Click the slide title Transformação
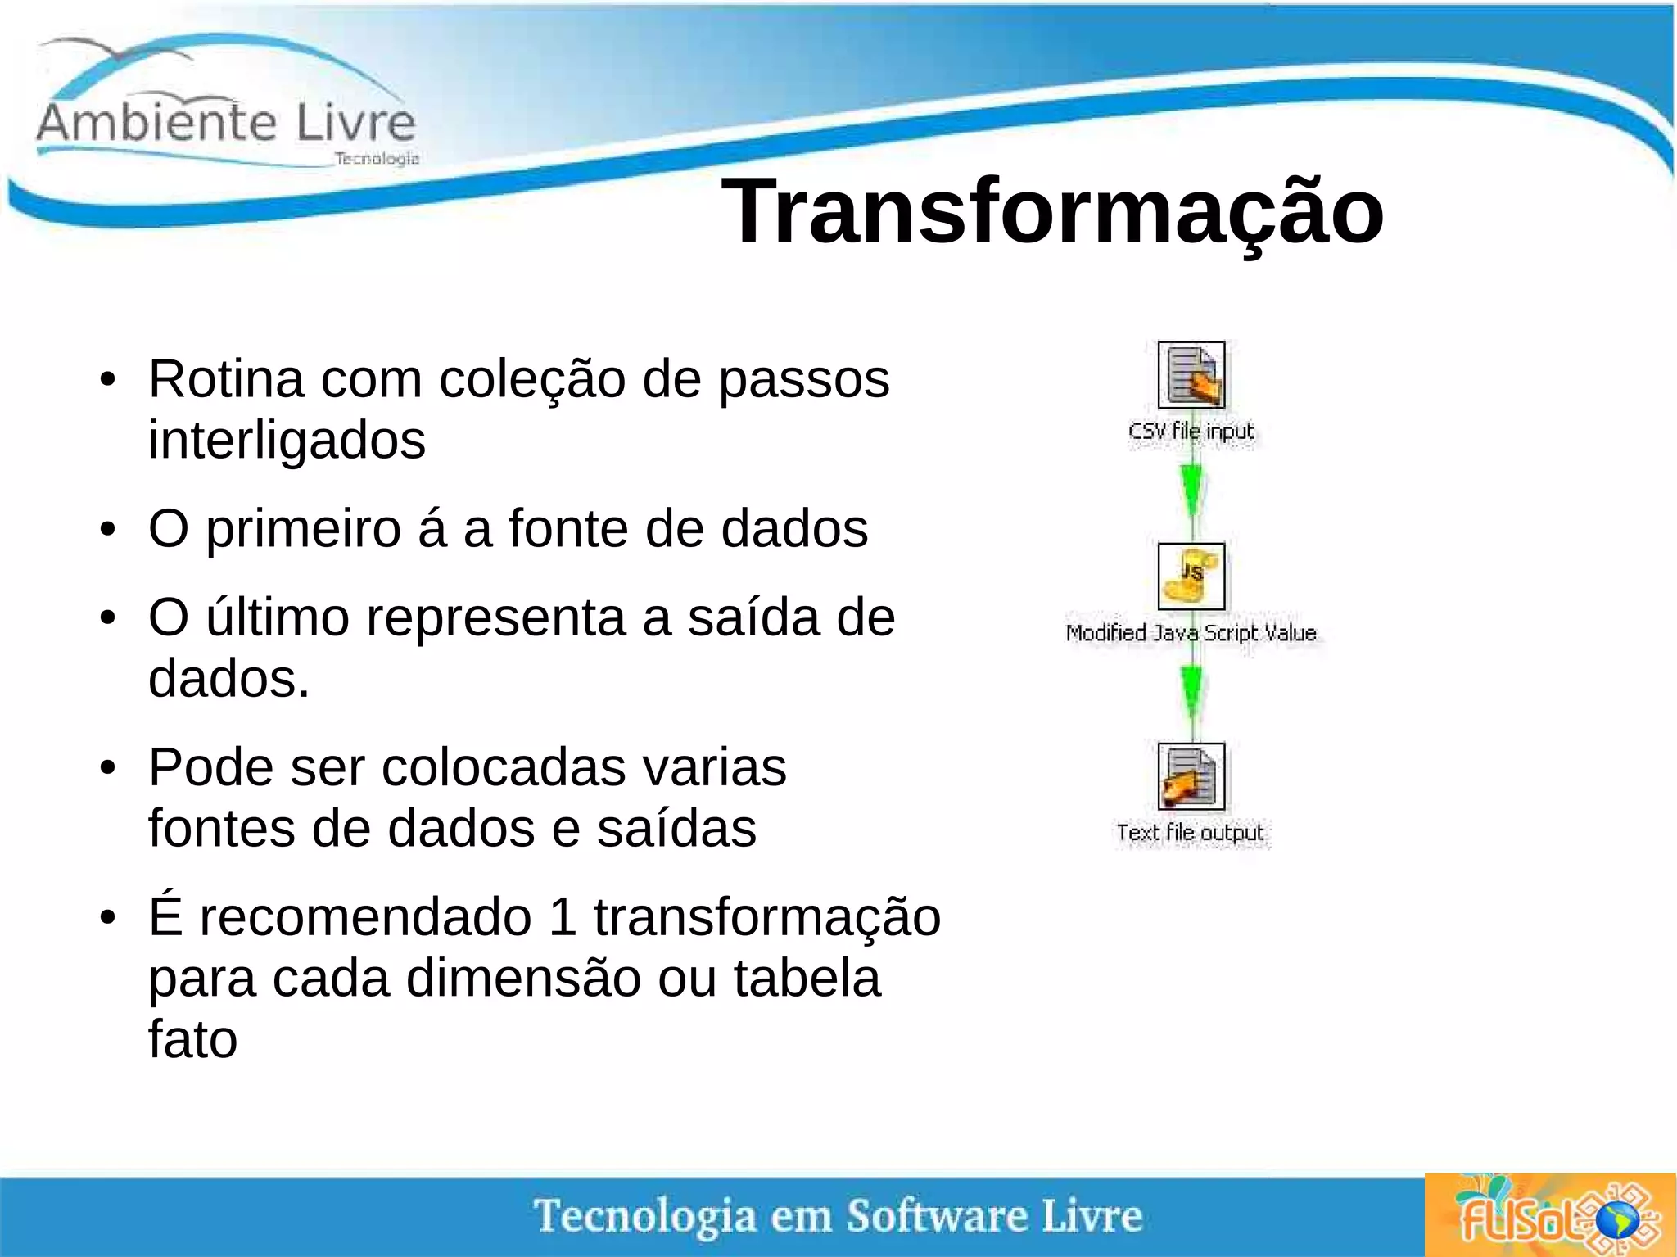[1052, 212]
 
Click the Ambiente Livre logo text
[226, 123]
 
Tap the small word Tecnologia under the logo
[377, 158]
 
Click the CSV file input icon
[1191, 375]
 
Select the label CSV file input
[1191, 431]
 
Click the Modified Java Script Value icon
[1191, 577]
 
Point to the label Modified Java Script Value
[1191, 632]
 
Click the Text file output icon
[1191, 776]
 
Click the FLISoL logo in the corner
[1549, 1215]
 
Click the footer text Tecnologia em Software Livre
[838, 1215]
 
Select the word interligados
[287, 441]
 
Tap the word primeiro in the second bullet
[303, 529]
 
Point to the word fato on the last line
[192, 1039]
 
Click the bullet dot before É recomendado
[107, 919]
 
